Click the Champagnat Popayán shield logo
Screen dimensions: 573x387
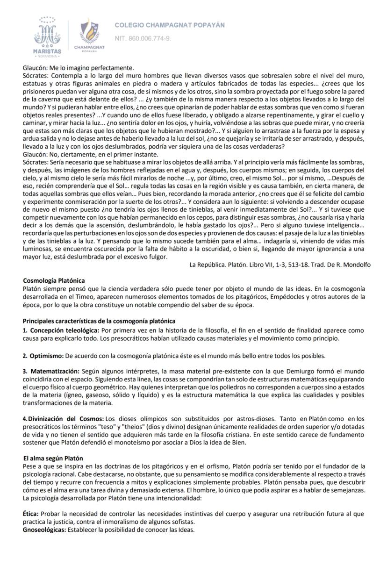(x=89, y=34)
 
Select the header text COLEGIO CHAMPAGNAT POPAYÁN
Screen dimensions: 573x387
(x=170, y=25)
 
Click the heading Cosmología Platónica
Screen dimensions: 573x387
(x=54, y=281)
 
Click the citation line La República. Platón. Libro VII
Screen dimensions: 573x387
(x=279, y=265)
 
